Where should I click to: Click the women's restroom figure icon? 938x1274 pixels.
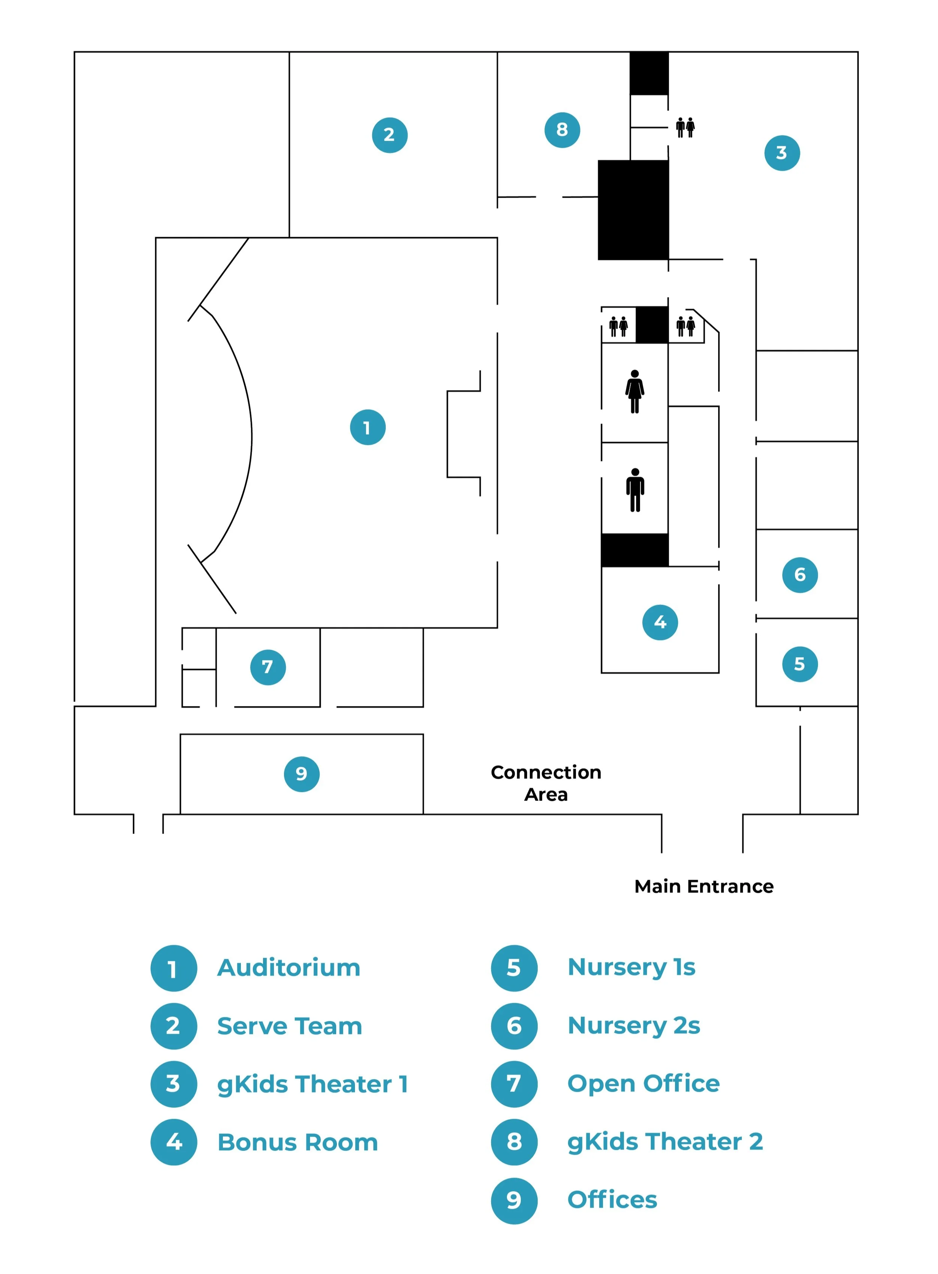pyautogui.click(x=635, y=391)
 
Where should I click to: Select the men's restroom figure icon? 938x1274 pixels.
pyautogui.click(x=635, y=490)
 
